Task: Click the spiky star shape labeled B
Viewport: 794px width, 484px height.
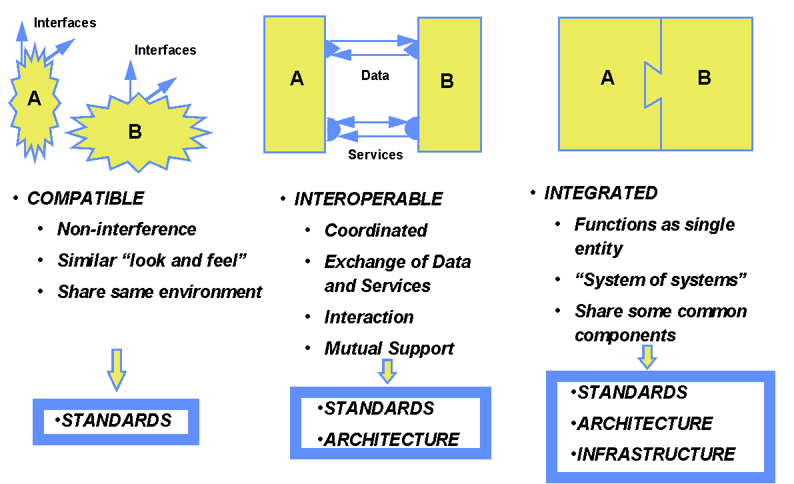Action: pos(137,131)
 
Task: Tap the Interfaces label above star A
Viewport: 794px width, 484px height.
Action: pos(65,23)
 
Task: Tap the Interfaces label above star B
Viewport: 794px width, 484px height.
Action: pos(165,50)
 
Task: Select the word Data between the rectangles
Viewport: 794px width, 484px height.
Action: pos(375,75)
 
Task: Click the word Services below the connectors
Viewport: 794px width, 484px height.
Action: pos(375,155)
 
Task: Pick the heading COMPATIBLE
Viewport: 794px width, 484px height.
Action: pos(85,198)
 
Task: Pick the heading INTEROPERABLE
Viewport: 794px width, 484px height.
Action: pos(368,199)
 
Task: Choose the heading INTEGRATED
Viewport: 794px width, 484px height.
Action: pos(601,193)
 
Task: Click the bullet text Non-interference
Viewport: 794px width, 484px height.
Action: pos(127,229)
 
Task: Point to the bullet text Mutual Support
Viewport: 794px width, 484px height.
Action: pos(389,348)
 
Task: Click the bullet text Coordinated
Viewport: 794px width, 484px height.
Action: pos(375,231)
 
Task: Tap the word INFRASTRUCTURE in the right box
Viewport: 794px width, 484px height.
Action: pos(656,455)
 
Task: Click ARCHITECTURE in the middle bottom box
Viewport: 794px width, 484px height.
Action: pos(391,440)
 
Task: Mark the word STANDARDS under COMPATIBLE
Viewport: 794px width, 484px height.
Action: pos(117,421)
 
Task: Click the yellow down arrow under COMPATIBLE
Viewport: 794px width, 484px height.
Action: pos(117,369)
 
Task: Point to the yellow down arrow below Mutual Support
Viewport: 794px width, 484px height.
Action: pos(387,371)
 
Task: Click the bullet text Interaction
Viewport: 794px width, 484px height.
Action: pos(369,317)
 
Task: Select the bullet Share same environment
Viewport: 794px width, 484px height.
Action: pos(159,291)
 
